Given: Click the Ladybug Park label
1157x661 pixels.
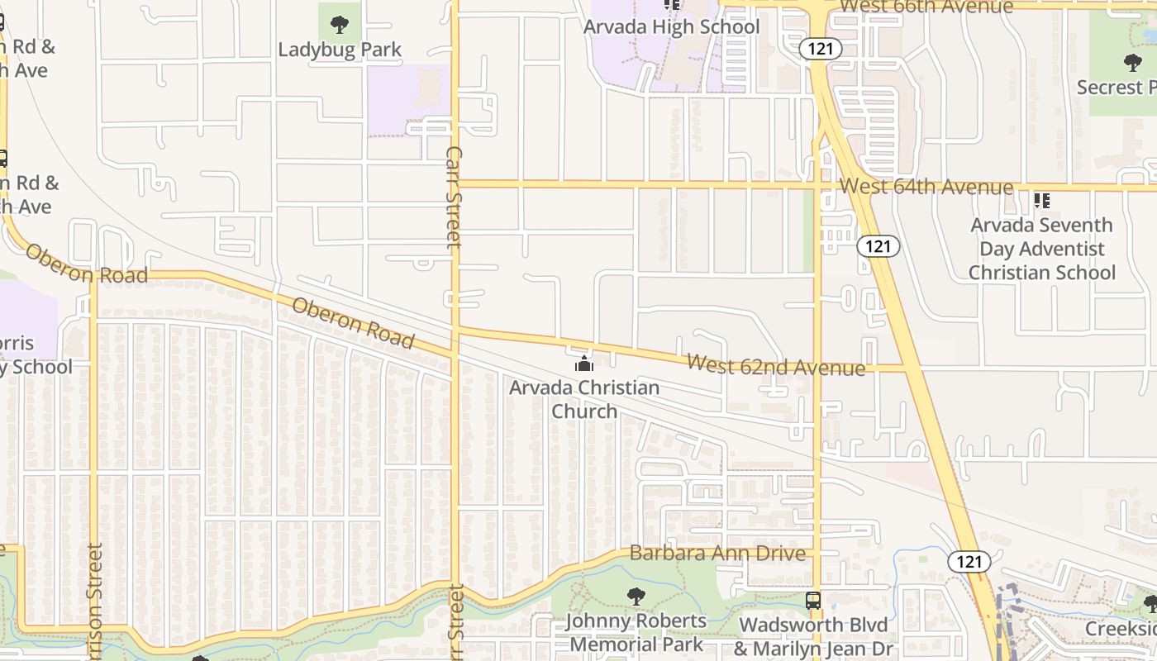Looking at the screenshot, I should (340, 50).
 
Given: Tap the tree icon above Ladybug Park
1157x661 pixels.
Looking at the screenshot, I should (339, 24).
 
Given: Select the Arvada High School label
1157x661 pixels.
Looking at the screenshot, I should (671, 26).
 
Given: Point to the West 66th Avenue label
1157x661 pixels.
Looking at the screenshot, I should (926, 7).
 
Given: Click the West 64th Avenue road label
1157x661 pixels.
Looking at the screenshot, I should (926, 187).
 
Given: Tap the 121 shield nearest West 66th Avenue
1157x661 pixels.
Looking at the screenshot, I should (821, 49).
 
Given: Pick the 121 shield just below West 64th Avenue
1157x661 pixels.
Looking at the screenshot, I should (878, 245).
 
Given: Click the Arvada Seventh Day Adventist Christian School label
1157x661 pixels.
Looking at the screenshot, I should (1041, 249).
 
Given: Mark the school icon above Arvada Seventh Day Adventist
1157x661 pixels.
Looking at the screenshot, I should (1042, 200).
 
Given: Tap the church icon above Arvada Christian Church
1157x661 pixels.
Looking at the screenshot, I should (584, 364).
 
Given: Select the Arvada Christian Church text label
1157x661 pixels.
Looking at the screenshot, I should (584, 399).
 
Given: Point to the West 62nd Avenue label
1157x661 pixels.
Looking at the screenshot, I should (776, 365).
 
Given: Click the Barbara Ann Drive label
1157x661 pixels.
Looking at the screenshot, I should (717, 553).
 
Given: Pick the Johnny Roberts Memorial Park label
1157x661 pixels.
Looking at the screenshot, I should (636, 632).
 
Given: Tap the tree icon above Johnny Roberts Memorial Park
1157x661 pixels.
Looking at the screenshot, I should (636, 596).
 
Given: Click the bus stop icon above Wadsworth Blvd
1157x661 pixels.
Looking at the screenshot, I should (813, 601).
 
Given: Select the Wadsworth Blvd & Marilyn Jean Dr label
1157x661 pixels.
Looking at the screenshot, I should (813, 636).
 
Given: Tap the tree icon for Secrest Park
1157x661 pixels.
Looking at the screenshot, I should (1132, 62).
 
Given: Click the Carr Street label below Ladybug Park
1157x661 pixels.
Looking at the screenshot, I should (454, 197).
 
